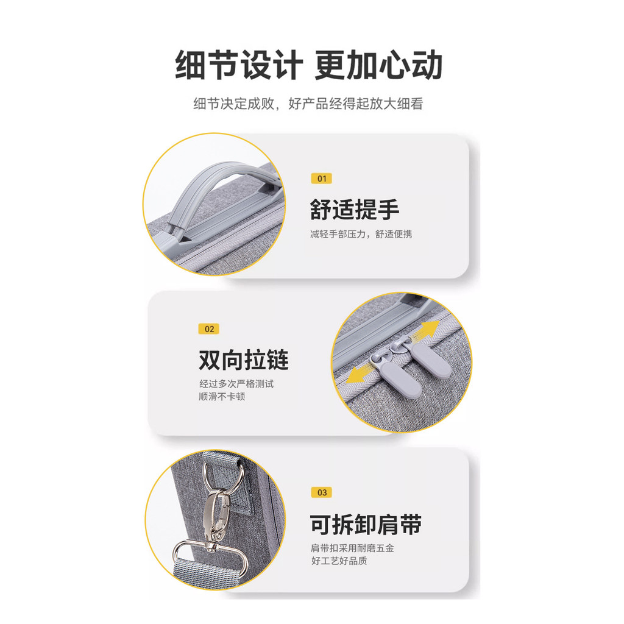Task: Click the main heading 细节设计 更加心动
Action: coord(309,65)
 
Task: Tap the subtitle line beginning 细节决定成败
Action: coord(308,104)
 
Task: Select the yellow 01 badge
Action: coord(322,179)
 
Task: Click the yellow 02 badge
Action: coord(209,329)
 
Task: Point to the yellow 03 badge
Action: coord(322,492)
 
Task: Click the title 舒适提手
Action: coord(355,210)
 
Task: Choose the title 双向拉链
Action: coord(244,360)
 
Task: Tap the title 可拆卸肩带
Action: coord(366,524)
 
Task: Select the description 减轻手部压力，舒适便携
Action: coord(361,234)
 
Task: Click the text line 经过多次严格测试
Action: coord(236,384)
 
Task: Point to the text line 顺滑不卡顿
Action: coord(222,396)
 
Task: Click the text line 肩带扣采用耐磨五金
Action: coord(352,548)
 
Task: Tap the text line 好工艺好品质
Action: coord(339,561)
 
